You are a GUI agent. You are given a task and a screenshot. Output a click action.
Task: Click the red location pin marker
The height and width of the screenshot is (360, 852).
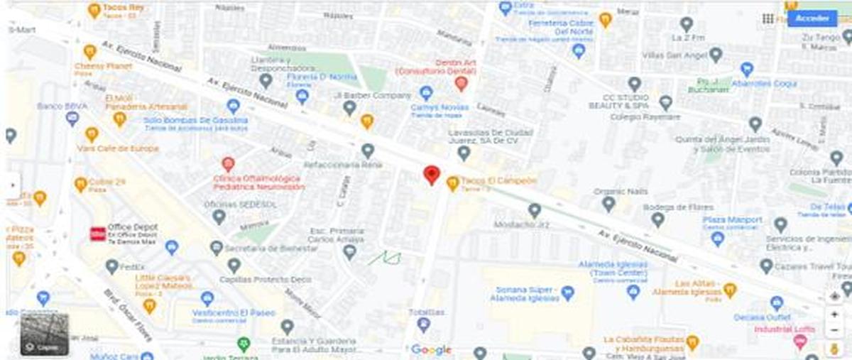click(431, 174)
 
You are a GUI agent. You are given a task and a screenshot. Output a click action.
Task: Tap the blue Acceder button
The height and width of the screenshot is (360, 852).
click(812, 18)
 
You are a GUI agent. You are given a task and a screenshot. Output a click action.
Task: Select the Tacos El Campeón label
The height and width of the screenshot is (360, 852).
click(498, 181)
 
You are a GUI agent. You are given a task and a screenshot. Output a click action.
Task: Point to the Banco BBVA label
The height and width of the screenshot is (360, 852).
click(56, 107)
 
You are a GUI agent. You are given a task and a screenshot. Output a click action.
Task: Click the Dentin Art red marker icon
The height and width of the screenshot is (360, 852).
click(461, 84)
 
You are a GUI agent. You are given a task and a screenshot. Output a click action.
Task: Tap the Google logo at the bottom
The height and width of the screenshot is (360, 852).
click(431, 349)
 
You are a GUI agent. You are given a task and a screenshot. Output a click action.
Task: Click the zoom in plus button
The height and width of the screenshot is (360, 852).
click(834, 315)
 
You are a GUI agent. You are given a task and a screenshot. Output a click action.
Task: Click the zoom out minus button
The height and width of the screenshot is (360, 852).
click(834, 330)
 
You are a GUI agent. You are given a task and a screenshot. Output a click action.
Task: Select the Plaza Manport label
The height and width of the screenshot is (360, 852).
click(732, 220)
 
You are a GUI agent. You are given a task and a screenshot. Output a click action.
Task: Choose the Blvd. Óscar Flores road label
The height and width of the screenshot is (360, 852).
click(129, 312)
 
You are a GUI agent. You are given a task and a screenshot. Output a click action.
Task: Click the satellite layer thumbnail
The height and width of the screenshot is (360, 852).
click(45, 334)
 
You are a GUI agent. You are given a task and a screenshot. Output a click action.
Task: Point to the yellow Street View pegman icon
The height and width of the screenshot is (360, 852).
click(834, 348)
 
